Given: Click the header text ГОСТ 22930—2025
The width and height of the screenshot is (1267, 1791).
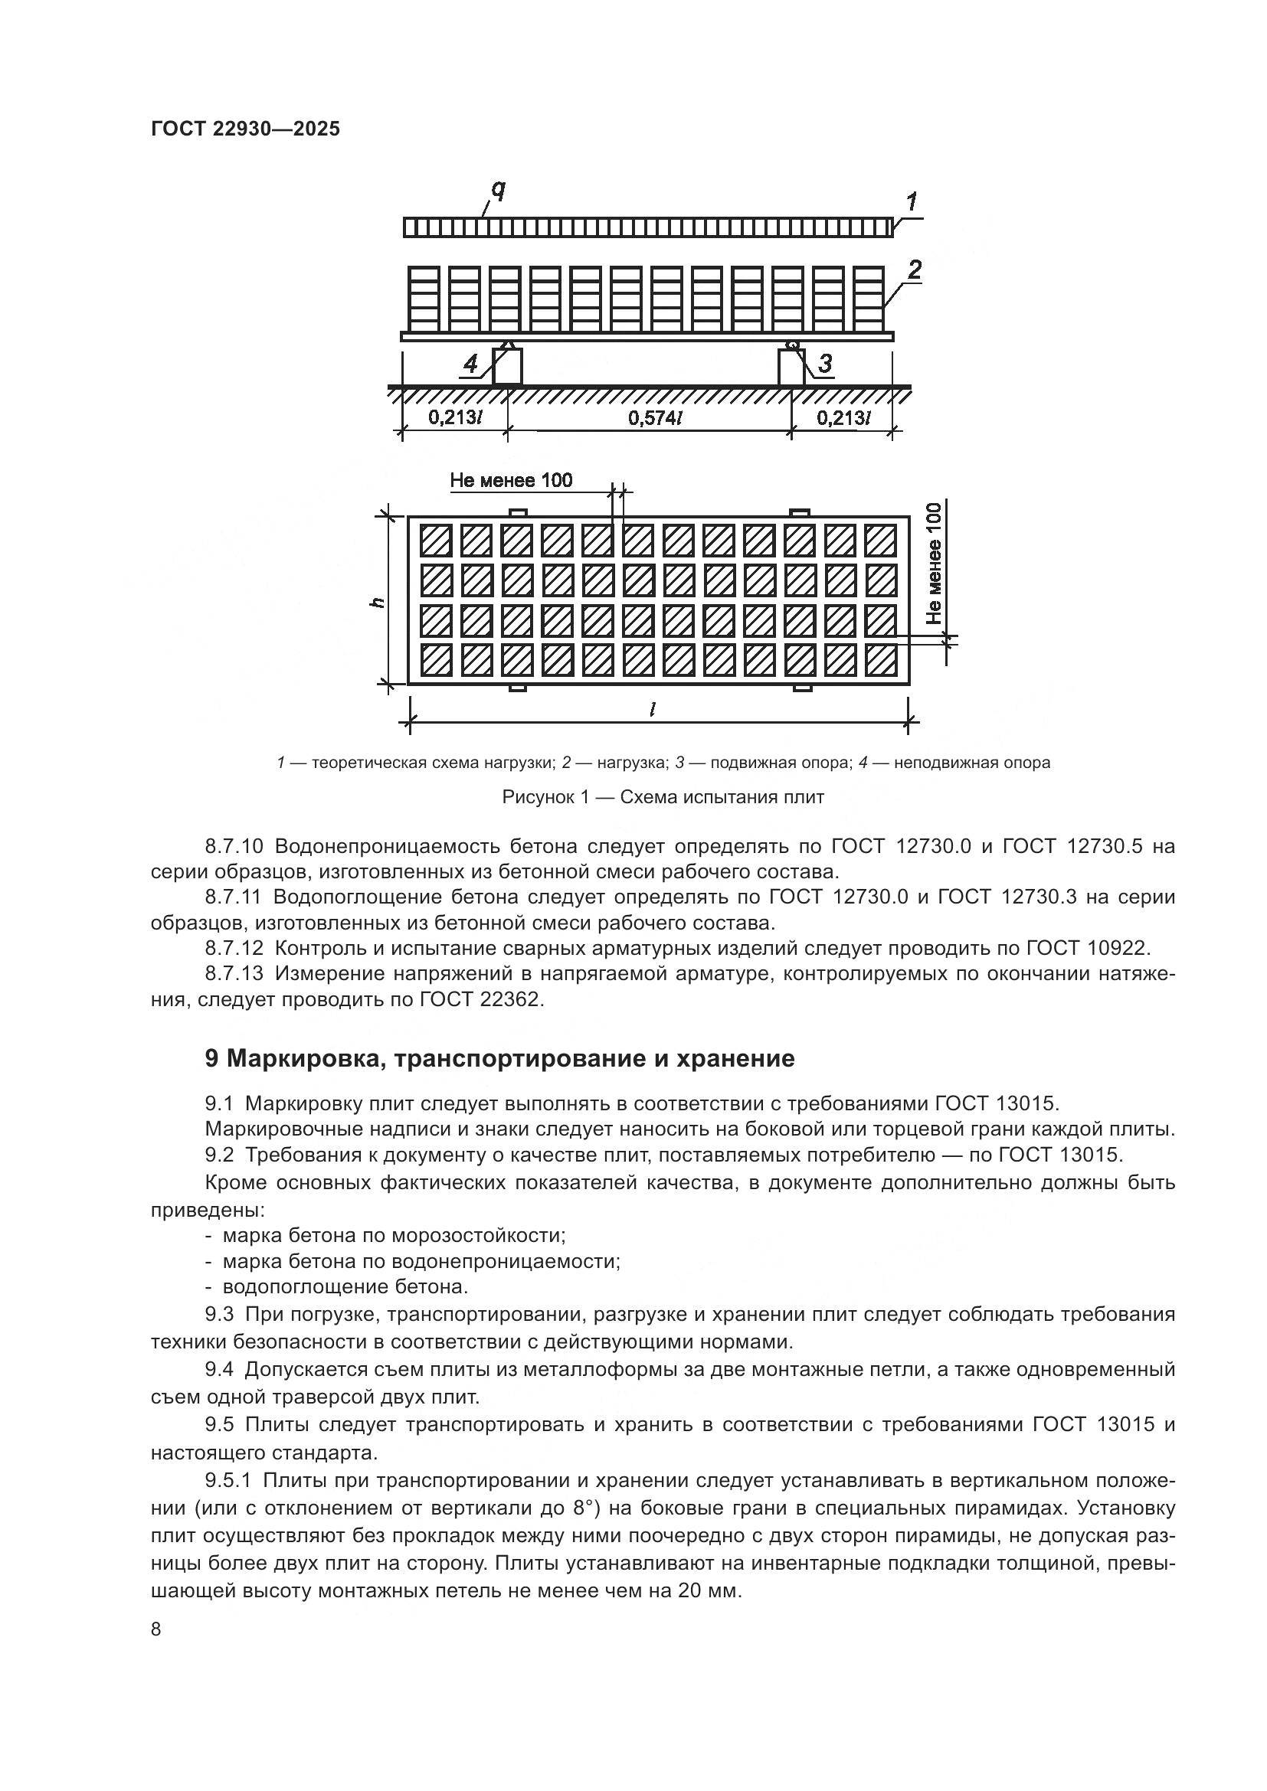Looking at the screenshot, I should [x=245, y=129].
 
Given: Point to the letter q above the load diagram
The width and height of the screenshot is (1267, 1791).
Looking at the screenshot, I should [x=498, y=189].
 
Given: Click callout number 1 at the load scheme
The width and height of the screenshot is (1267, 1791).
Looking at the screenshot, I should [x=911, y=202].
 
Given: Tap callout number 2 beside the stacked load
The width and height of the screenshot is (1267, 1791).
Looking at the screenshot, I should [x=914, y=270].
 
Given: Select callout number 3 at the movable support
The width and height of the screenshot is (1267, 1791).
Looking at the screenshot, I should [x=824, y=363].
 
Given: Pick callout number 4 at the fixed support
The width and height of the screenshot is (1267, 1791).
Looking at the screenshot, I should [x=470, y=364].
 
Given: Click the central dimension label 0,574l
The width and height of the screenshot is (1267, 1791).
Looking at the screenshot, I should [x=656, y=418].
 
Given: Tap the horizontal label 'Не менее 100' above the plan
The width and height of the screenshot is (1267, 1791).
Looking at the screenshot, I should [x=511, y=481].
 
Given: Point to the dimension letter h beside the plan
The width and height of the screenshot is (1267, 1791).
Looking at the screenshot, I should [x=377, y=602].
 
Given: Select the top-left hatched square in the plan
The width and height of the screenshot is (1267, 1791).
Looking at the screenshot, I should [x=436, y=539].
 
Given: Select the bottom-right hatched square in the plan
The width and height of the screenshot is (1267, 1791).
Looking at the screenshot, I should [x=881, y=660].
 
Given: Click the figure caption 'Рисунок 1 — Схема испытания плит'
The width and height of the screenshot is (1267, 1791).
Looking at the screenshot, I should [x=663, y=797].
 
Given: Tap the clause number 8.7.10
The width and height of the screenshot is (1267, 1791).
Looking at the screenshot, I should [x=235, y=846].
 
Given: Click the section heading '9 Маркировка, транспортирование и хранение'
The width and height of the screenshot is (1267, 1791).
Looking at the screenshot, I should [x=499, y=1058].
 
